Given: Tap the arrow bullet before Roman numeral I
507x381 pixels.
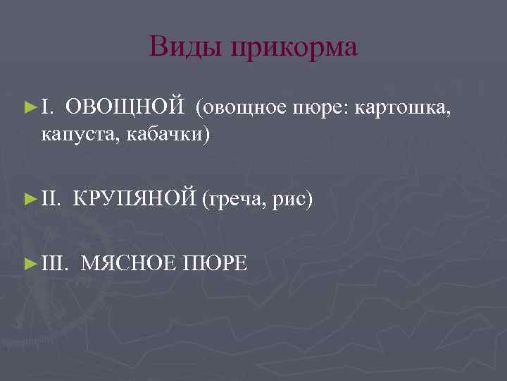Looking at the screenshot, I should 30,107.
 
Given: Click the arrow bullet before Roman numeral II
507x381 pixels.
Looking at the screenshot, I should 30,199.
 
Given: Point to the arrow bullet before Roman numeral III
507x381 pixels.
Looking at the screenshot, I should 30,264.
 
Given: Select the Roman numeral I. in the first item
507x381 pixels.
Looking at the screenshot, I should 46,107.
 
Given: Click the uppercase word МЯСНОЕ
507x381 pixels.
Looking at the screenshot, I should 128,264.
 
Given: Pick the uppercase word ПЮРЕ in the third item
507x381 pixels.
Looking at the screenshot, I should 215,264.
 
